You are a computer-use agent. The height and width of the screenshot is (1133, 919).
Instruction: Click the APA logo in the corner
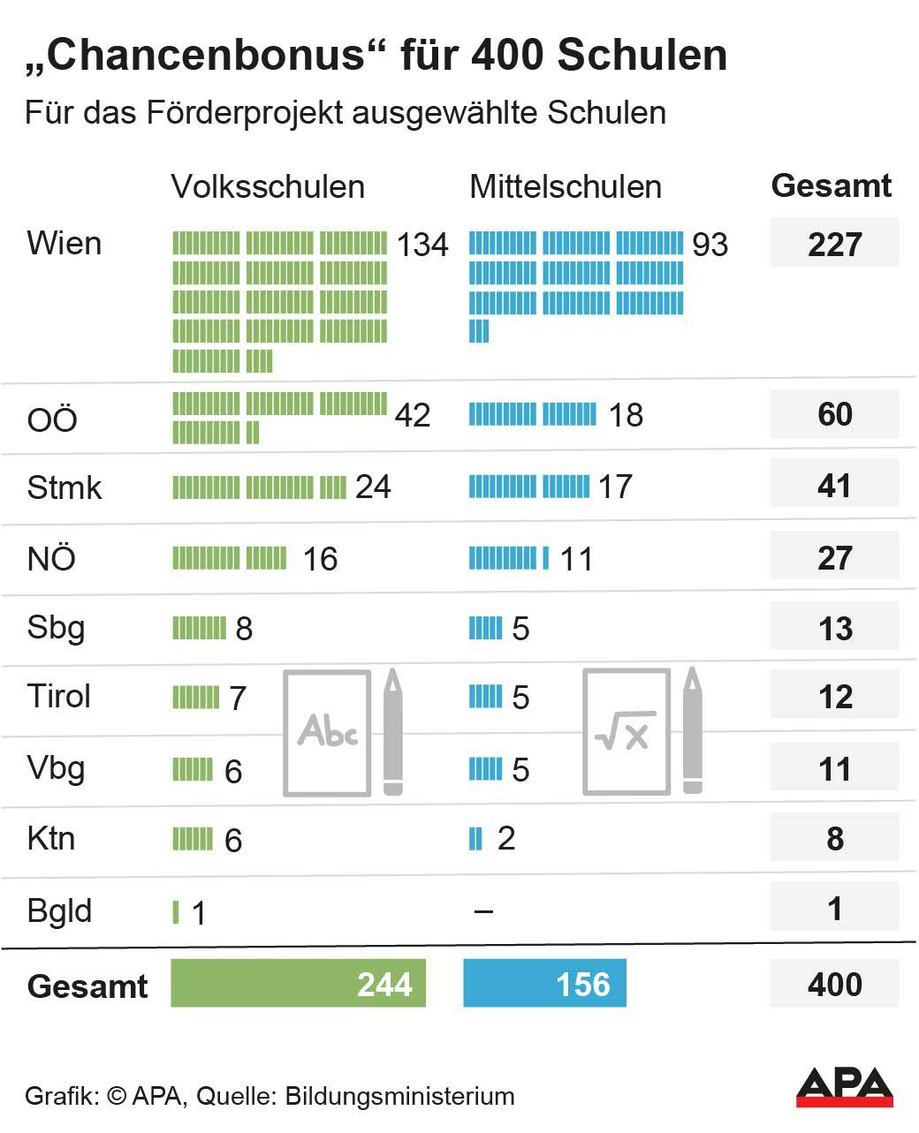pos(844,1086)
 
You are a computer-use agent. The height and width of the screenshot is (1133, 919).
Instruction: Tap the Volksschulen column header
pos(268,186)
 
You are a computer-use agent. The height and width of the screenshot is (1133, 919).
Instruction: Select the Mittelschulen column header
pos(566,186)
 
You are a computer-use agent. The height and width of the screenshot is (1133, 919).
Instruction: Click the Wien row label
pos(65,243)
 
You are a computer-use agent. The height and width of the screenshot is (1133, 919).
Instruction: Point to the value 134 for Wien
pos(422,245)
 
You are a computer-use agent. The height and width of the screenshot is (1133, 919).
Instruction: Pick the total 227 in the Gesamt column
pos(834,245)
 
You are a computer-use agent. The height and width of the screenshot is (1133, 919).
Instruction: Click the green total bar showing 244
pos(298,984)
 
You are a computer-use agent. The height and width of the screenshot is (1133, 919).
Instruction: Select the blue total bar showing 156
pos(544,984)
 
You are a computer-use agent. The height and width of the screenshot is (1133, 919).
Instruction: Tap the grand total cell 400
pos(834,984)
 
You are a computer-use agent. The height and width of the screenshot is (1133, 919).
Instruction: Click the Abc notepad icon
pos(327,732)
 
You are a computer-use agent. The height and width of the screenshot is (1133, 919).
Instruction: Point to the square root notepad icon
pos(626,732)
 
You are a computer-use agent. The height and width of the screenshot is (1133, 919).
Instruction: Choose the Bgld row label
pos(59,910)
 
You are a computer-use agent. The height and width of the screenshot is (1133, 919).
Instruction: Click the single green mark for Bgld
pos(176,911)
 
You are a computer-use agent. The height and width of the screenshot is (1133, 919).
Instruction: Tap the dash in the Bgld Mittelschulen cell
pos(483,911)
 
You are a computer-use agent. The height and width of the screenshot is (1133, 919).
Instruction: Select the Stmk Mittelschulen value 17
pos(615,487)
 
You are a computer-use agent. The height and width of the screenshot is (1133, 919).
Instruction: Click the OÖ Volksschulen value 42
pos(413,415)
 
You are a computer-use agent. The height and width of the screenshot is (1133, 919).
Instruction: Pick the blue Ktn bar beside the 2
pos(475,838)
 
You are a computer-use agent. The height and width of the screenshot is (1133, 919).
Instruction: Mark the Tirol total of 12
pos(834,697)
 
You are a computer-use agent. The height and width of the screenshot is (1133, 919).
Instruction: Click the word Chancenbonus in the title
pos(207,56)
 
